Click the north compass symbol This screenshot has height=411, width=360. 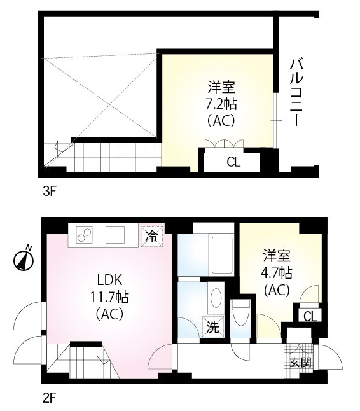[24, 260]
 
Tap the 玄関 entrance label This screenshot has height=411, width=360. [301, 363]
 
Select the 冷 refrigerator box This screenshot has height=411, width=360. [152, 237]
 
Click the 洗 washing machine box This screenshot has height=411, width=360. [213, 326]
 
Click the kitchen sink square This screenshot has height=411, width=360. [115, 235]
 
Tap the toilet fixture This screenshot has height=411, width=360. [240, 313]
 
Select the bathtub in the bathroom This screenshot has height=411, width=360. [221, 254]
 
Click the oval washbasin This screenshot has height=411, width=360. [216, 298]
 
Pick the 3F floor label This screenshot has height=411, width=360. [50, 192]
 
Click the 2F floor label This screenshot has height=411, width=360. [49, 398]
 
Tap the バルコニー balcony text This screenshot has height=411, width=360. [296, 93]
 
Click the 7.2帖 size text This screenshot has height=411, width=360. [221, 104]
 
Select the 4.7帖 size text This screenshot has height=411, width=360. [276, 273]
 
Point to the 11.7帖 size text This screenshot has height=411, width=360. [109, 297]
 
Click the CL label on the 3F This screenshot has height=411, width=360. [233, 162]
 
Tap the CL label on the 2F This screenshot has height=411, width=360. [310, 316]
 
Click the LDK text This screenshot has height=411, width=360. [109, 280]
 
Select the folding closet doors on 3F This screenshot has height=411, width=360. [225, 144]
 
